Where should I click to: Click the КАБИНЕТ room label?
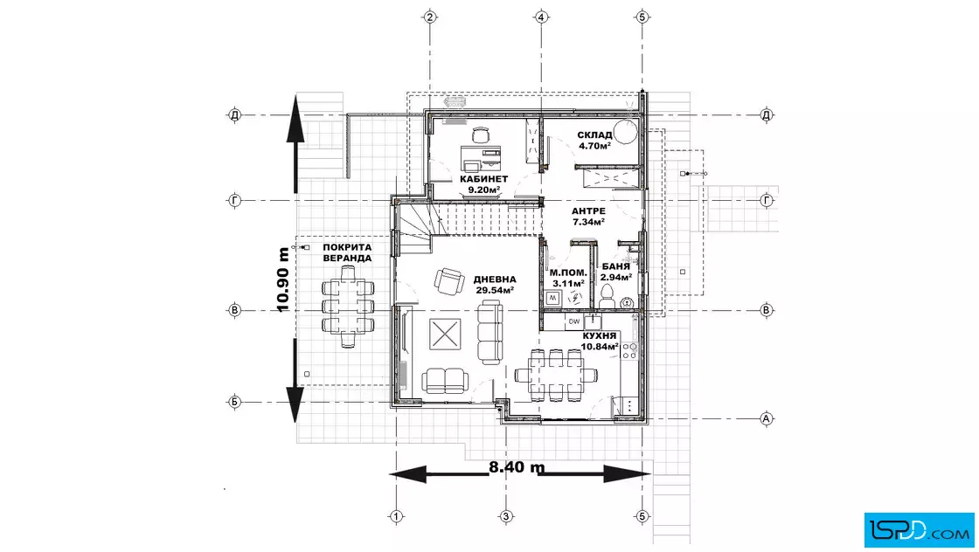[x=484, y=179]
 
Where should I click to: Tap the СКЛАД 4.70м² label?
[x=594, y=141]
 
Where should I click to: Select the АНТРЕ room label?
[x=588, y=211]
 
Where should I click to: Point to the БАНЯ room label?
[x=615, y=266]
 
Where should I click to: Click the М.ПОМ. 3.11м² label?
[x=568, y=278]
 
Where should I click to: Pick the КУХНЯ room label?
[x=600, y=336]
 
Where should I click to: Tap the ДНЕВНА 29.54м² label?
[x=495, y=285]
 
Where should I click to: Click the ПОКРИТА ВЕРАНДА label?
[x=347, y=252]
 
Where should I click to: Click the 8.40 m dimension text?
[x=517, y=467]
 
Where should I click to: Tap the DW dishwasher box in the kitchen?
[x=573, y=321]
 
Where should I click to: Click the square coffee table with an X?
[x=445, y=335]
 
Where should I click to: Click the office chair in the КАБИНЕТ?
[x=480, y=135]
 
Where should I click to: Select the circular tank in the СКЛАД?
[x=625, y=132]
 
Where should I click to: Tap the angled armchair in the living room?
[x=449, y=280]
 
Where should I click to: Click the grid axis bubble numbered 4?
[x=541, y=17]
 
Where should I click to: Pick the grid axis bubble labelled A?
[x=766, y=418]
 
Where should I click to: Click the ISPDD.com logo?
[x=919, y=529]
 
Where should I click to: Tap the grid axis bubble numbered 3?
[x=506, y=516]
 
